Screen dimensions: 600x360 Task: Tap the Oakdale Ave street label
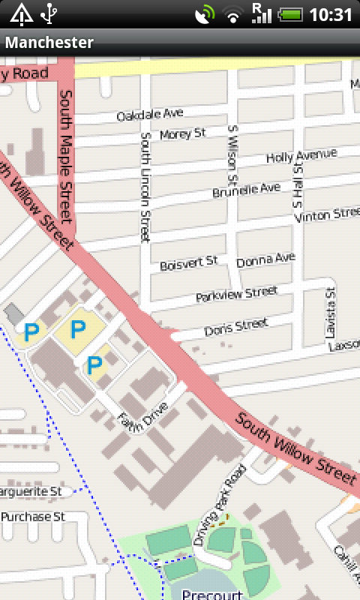pyautogui.click(x=150, y=115)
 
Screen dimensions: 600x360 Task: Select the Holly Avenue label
pyautogui.click(x=301, y=157)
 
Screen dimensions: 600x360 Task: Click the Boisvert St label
pyautogui.click(x=188, y=262)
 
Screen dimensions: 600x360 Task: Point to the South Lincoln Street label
pyautogui.click(x=145, y=187)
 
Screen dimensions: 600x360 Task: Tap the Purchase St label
pyautogui.click(x=33, y=517)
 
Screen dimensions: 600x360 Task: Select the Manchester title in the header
pyautogui.click(x=49, y=43)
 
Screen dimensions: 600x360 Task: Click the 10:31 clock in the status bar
pyautogui.click(x=330, y=14)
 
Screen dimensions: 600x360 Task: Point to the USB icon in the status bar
pyautogui.click(x=49, y=13)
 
